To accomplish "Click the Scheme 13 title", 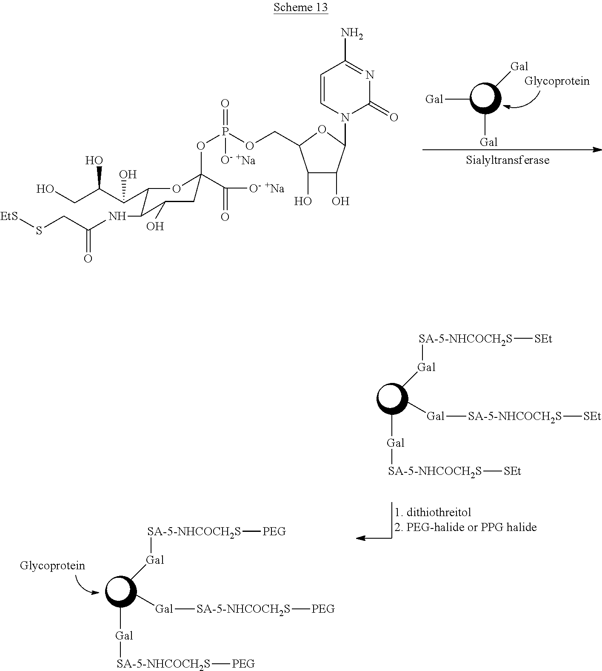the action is pos(300,7).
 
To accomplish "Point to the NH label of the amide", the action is pos(117,217).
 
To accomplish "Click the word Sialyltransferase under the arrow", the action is pos(508,160).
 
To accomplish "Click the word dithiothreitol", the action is pos(439,512).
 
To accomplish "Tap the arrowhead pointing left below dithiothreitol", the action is pos(361,538).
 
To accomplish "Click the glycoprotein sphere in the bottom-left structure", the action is pos(121,591).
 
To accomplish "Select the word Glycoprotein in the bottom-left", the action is pos(52,565).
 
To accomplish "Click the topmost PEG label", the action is pos(274,531).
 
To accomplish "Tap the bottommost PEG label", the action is pos(243,663).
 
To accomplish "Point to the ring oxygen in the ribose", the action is pos(322,128).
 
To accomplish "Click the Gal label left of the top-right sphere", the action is pos(434,99).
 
